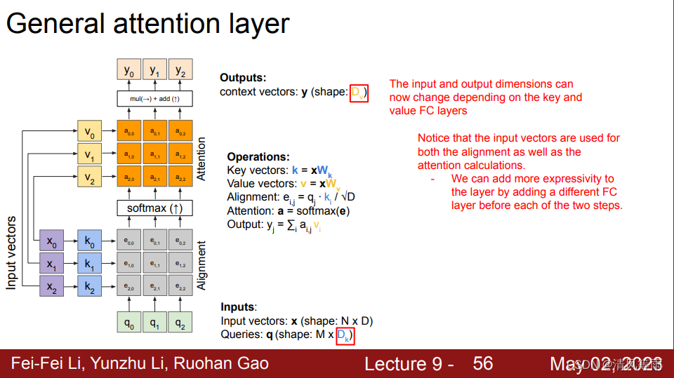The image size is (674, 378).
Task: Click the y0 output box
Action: pyautogui.click(x=128, y=71)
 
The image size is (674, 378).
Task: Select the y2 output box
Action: pyautogui.click(x=180, y=71)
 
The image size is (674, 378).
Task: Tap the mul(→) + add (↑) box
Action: pyautogui.click(x=154, y=99)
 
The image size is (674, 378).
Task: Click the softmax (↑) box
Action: pyautogui.click(x=154, y=208)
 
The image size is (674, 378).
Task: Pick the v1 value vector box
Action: pyautogui.click(x=89, y=154)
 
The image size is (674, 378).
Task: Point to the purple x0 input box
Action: pyautogui.click(x=51, y=241)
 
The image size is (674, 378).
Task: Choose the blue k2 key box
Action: pyautogui.click(x=89, y=286)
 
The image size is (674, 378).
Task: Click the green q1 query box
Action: pyautogui.click(x=154, y=323)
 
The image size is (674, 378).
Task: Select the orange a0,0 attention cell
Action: pyautogui.click(x=128, y=131)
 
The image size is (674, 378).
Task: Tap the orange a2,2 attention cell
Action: pyautogui.click(x=180, y=177)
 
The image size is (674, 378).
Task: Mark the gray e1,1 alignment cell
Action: pyautogui.click(x=154, y=264)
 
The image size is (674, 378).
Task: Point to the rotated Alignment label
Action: pyautogui.click(x=202, y=266)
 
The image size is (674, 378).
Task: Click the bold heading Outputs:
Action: pyautogui.click(x=243, y=78)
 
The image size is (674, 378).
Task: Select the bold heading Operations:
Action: pyautogui.click(x=258, y=157)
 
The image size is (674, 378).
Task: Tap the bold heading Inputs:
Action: pyautogui.click(x=239, y=307)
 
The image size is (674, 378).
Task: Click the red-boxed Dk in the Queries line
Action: pyautogui.click(x=344, y=335)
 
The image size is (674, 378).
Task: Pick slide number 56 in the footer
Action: pyautogui.click(x=483, y=363)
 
